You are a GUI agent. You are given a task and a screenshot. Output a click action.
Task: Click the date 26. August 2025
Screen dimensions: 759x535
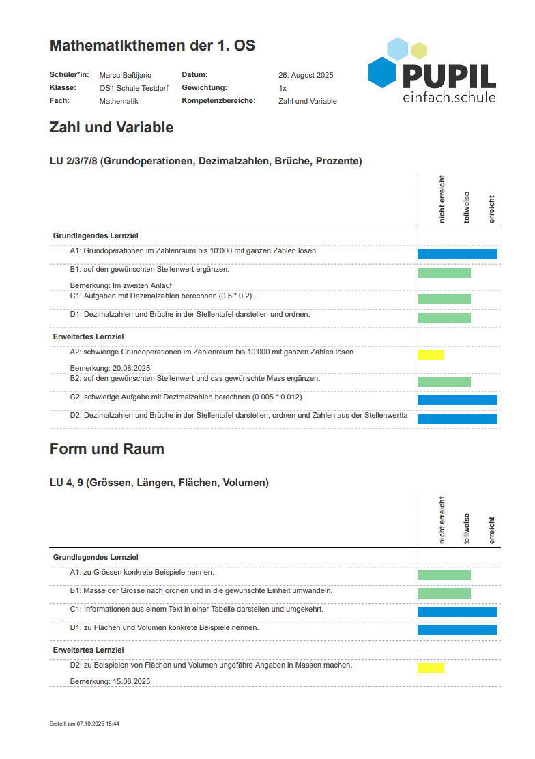tap(306, 75)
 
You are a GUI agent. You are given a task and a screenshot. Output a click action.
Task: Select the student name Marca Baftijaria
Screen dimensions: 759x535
tap(126, 75)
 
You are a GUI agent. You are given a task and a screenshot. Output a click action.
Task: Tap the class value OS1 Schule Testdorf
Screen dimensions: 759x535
tap(134, 88)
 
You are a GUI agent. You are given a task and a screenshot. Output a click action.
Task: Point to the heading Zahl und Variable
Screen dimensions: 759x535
tap(111, 128)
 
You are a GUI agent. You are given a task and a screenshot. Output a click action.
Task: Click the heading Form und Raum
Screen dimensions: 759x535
tap(106, 449)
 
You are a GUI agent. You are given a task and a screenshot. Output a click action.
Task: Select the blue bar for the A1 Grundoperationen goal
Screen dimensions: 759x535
tap(457, 254)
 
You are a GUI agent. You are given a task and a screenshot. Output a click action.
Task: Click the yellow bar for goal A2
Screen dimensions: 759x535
tap(431, 355)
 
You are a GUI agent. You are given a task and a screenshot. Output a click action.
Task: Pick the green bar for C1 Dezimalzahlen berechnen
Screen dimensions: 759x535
tap(444, 299)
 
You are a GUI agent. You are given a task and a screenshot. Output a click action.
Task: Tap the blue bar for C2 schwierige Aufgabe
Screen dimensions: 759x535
tap(457, 401)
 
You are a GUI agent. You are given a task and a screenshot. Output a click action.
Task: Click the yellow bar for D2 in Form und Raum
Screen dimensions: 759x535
tap(431, 668)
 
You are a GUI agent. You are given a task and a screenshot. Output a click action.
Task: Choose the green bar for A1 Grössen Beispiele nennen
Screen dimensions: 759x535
tap(444, 575)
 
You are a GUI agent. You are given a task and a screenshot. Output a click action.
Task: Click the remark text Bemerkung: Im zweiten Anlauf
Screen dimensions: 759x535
tap(121, 285)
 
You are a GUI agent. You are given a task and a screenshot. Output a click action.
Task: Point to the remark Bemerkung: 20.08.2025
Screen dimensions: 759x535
tap(110, 368)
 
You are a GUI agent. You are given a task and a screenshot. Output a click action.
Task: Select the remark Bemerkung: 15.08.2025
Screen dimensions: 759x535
tap(110, 681)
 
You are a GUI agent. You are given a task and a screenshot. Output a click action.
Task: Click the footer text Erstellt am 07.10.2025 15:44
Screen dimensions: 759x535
tap(85, 724)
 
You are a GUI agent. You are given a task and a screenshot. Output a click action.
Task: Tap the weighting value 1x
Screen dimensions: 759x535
tap(283, 88)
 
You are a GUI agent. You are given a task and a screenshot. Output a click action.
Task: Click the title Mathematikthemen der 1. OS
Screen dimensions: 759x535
tap(152, 46)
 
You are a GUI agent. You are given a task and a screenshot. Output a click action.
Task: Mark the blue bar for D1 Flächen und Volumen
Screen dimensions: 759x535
tap(457, 630)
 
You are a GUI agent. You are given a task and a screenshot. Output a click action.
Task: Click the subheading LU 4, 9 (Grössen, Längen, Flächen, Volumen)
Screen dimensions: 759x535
tap(159, 483)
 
